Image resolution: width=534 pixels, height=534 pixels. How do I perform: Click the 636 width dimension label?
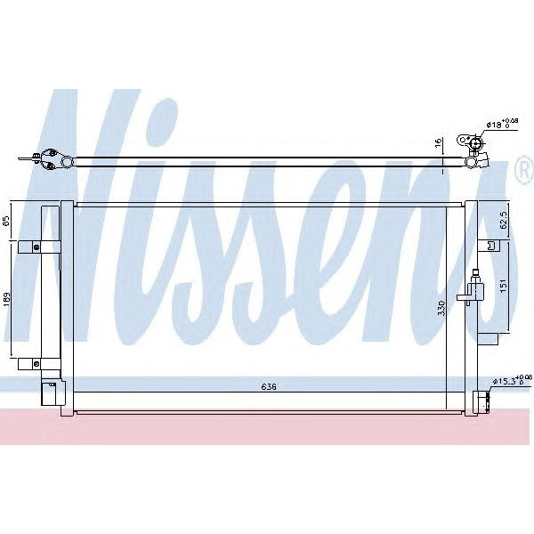pyautogui.click(x=269, y=386)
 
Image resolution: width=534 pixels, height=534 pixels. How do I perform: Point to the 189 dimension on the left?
pyautogui.click(x=8, y=299)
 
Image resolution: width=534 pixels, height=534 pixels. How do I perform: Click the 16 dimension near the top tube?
pyautogui.click(x=437, y=142)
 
